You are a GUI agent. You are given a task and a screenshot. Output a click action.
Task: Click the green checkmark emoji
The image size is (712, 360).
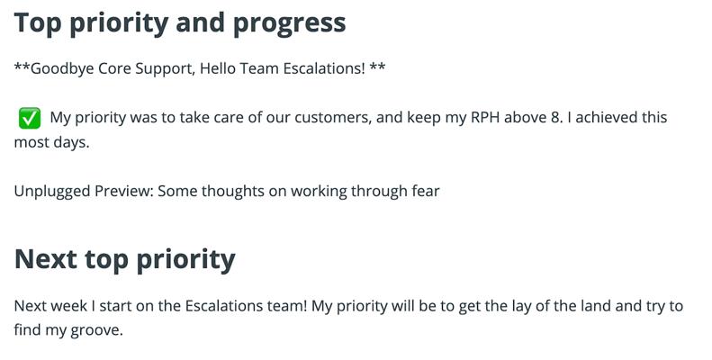click(30, 118)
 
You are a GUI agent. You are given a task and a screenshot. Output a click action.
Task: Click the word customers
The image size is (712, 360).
click(333, 118)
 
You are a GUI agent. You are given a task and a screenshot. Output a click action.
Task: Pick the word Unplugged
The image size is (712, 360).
click(52, 192)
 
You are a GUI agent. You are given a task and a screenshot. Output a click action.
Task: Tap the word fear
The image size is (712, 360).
click(426, 191)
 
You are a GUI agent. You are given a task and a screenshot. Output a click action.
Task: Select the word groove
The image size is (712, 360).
click(96, 330)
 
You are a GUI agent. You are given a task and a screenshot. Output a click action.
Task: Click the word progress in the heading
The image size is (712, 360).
click(289, 23)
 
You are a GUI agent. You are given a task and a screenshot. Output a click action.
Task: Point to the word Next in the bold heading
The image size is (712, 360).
click(45, 259)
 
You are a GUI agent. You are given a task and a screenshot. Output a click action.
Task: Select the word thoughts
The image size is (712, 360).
click(232, 192)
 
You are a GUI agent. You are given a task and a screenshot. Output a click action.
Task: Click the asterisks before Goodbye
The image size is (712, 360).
click(23, 67)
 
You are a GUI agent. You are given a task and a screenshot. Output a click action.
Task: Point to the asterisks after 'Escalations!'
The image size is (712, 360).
click(377, 67)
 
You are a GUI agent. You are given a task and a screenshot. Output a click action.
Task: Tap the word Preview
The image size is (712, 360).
click(123, 191)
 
